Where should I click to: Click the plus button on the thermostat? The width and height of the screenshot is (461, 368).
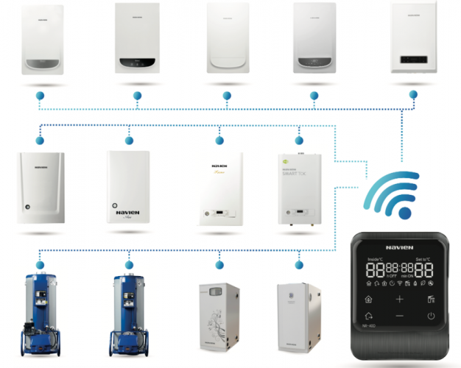[x=399, y=299]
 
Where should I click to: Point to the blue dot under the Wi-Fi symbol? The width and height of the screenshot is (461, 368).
[x=404, y=213]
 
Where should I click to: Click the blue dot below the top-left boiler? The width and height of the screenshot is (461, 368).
[x=42, y=96]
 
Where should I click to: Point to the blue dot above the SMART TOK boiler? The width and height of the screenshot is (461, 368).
[x=299, y=139]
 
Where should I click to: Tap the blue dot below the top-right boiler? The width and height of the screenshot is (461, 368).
[x=412, y=95]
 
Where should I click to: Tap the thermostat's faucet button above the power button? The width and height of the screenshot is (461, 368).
[x=429, y=299]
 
